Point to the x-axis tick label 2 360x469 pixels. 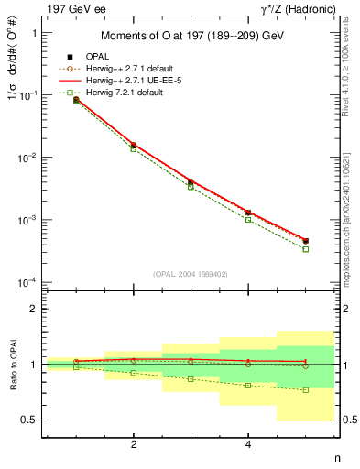pyautogui.click(x=134, y=444)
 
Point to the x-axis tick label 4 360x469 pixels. pyautogui.click(x=248, y=444)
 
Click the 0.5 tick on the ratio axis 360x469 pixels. pyautogui.click(x=30, y=420)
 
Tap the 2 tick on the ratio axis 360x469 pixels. pyautogui.click(x=35, y=309)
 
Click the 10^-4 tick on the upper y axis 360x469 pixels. pyautogui.click(x=29, y=282)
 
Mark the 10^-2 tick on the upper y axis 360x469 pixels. pyautogui.click(x=29, y=158)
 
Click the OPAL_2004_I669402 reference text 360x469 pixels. pyautogui.click(x=191, y=272)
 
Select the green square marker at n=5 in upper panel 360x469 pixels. pyautogui.click(x=306, y=249)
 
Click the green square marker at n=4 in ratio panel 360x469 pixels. pyautogui.click(x=248, y=386)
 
